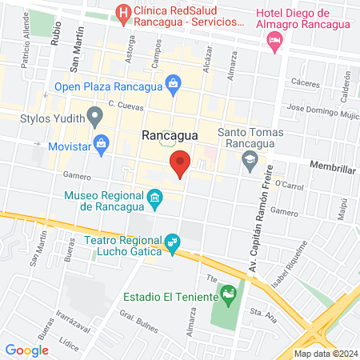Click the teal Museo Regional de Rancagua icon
pos(155,197)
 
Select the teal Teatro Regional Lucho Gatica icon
pos(172,242)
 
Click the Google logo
pos(27,350)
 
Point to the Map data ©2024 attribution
pos(324,354)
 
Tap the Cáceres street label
pos(305,82)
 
